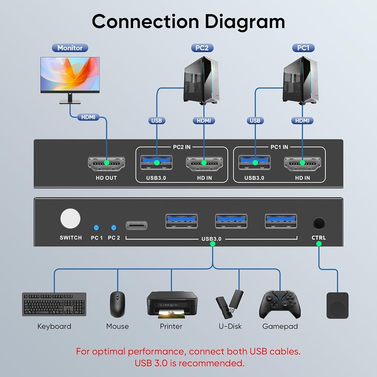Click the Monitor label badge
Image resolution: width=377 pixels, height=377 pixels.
coord(70,48)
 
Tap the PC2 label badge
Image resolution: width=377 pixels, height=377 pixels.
coord(202,48)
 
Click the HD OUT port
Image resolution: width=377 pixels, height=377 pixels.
coord(106,163)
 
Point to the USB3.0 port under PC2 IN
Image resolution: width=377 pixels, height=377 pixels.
coord(156,163)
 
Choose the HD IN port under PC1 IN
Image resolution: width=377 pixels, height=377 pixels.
coord(302,163)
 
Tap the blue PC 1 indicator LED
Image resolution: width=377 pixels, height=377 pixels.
coord(96,228)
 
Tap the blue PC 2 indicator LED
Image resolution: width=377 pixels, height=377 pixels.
coord(113,228)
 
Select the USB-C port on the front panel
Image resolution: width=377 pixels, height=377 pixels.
coord(136,225)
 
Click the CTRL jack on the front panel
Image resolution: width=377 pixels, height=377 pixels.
coord(319,224)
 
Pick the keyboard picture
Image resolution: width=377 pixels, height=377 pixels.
coord(54,304)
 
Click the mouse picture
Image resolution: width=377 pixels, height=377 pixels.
coord(117,304)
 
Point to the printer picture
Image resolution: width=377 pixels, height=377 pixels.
coord(172,305)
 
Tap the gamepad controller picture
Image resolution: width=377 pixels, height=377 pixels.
coord(280,304)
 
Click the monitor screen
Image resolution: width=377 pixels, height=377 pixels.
coord(70,74)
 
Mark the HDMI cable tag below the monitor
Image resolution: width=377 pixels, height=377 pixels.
coord(88,117)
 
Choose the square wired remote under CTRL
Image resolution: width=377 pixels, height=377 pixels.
coord(337,305)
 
